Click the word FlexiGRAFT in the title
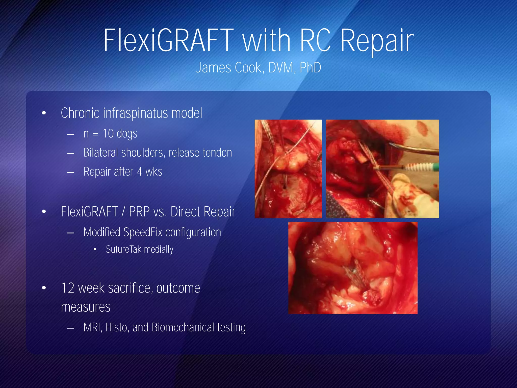[x=169, y=40]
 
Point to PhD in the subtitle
[x=310, y=68]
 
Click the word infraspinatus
[x=136, y=113]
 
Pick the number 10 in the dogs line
[x=108, y=134]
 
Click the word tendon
[x=217, y=153]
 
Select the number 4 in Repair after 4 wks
[x=140, y=172]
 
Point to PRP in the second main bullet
[x=139, y=212]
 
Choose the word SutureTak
[x=123, y=250]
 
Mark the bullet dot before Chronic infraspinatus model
[x=44, y=113]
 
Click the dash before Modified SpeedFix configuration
[x=71, y=233]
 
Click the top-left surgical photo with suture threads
[x=288, y=169]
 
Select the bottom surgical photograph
[x=353, y=268]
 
